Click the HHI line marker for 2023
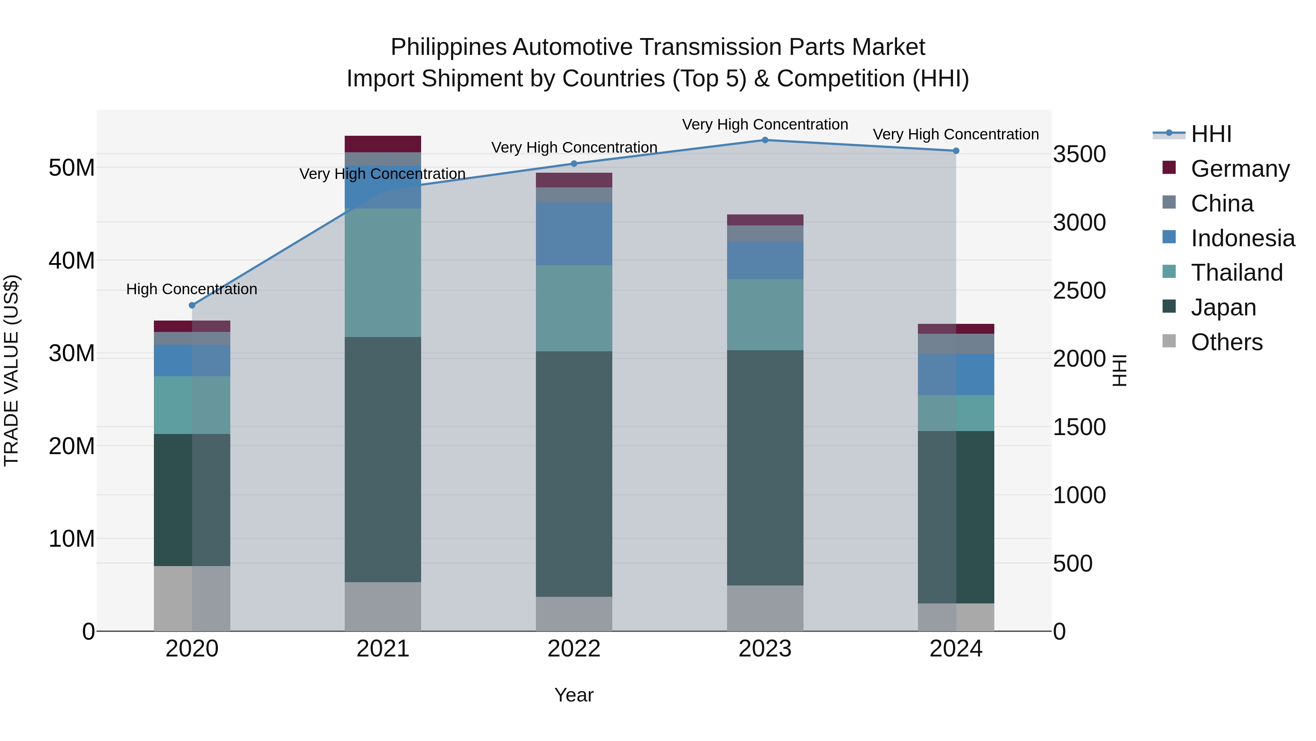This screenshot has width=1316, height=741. tap(765, 140)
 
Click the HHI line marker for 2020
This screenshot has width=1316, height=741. tap(192, 305)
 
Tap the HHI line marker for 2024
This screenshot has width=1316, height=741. tap(956, 151)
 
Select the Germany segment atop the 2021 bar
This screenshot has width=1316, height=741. tap(383, 144)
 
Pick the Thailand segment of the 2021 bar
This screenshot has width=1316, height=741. tap(383, 273)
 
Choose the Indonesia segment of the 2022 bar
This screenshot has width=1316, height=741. tap(574, 234)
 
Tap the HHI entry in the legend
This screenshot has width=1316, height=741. tap(1211, 134)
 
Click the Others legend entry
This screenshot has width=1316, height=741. tap(1226, 342)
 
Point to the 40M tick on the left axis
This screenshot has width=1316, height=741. tap(72, 261)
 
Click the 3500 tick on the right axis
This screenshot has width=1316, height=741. tap(1079, 154)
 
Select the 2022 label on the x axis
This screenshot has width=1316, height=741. tap(574, 649)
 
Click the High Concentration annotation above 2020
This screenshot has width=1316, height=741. tap(192, 289)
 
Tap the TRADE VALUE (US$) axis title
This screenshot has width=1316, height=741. tap(11, 370)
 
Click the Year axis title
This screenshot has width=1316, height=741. tap(574, 695)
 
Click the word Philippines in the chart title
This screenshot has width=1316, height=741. tap(448, 47)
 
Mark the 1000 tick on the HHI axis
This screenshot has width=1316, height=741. tap(1079, 495)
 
